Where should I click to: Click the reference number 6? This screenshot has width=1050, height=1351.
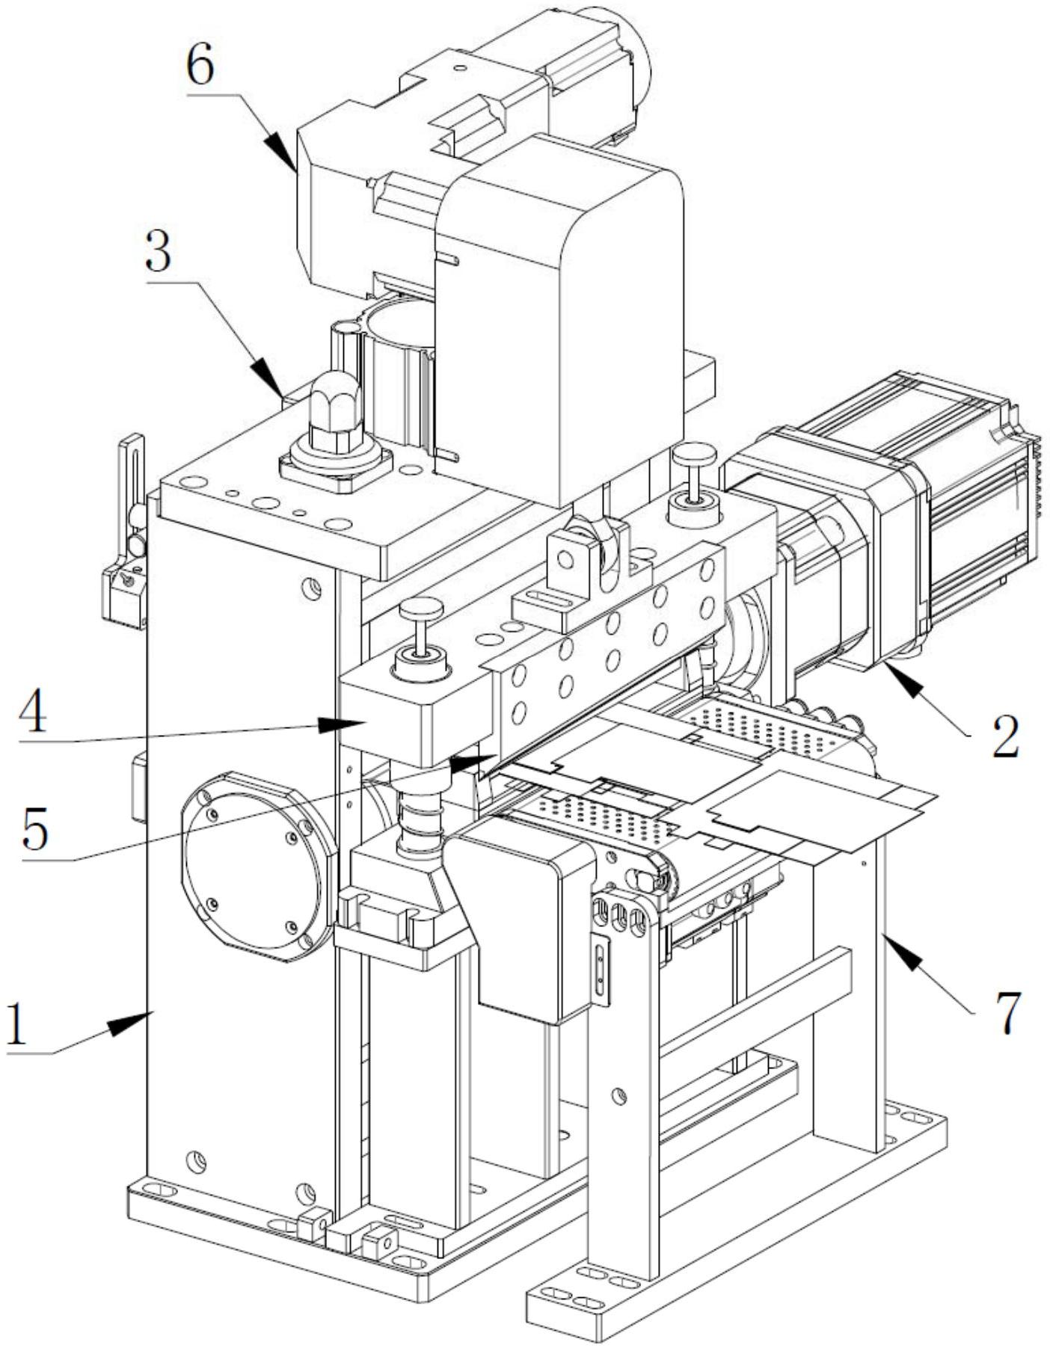coord(200,67)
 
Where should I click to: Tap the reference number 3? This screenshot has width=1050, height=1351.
coord(158,254)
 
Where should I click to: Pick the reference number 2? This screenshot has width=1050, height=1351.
coord(1004,736)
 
